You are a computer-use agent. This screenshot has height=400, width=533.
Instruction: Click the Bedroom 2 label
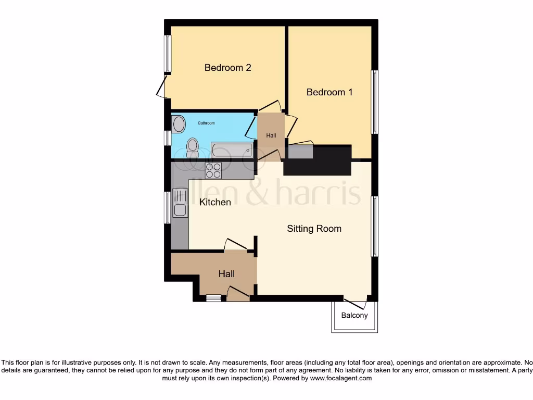[227, 68]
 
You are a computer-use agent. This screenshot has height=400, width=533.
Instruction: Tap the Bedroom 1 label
[329, 92]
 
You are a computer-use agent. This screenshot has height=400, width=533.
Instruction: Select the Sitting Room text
[314, 229]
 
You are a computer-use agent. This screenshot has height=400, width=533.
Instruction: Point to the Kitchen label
[215, 202]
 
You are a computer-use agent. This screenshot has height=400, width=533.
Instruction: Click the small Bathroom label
[206, 123]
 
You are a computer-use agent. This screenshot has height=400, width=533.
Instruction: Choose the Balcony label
[354, 316]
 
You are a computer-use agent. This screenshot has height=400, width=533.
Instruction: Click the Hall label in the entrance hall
[226, 274]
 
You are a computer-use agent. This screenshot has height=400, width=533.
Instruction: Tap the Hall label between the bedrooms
[271, 135]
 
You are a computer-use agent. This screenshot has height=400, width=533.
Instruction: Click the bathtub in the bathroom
[232, 151]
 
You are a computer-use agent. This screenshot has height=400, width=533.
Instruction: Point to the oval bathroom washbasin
[179, 124]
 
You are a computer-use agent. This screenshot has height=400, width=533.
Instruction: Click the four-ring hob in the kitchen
[213, 170]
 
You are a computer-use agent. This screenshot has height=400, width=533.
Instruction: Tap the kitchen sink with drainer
[180, 203]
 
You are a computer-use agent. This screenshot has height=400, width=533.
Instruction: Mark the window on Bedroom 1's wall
[374, 102]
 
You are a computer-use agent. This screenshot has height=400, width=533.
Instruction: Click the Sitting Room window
[374, 226]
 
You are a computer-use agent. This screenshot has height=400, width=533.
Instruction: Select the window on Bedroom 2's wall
[168, 53]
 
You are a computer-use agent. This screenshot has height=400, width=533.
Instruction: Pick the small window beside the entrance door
[213, 298]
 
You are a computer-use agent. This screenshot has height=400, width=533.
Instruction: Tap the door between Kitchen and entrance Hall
[235, 245]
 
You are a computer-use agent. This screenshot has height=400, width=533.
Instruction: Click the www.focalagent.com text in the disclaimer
[341, 379]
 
